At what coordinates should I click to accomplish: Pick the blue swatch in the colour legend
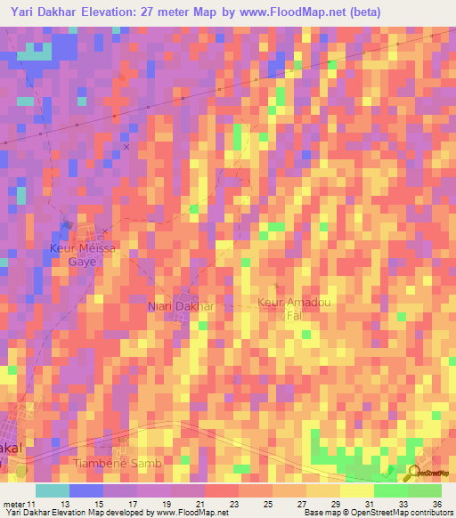coord(86,490)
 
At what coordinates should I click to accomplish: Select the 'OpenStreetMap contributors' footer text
coord(391,512)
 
